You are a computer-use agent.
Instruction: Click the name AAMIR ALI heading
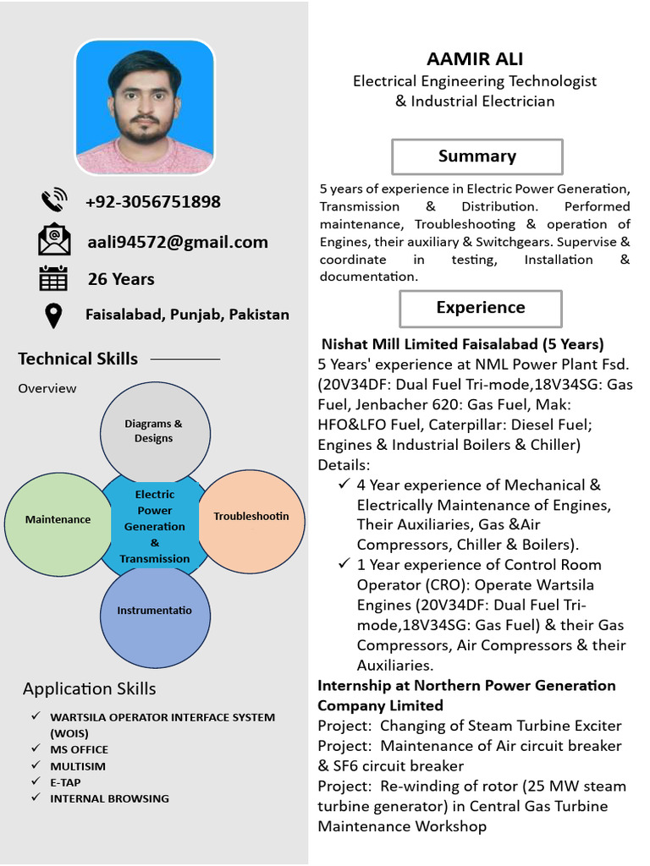tap(475, 58)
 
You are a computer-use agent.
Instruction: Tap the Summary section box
tap(476, 156)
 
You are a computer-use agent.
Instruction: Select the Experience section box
tap(480, 308)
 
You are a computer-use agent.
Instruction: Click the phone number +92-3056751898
tap(152, 201)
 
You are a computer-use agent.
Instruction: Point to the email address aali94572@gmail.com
tap(178, 242)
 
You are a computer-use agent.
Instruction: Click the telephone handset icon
tap(53, 201)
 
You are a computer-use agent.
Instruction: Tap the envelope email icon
tap(54, 239)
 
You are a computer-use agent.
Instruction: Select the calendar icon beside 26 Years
tap(53, 278)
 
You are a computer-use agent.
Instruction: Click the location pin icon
tap(53, 315)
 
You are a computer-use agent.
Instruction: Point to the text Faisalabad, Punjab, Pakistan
tap(187, 315)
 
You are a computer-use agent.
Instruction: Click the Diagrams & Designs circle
tap(155, 430)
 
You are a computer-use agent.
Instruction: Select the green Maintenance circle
tap(58, 519)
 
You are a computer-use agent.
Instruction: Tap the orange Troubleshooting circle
tap(251, 516)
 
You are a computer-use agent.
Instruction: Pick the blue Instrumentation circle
tap(154, 611)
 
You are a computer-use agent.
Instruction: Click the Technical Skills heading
tap(78, 359)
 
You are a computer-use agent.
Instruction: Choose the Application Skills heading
tap(89, 688)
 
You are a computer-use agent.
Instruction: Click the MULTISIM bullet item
tap(79, 765)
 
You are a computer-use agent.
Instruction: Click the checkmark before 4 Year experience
tap(344, 485)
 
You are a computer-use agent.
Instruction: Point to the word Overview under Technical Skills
tap(47, 388)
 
